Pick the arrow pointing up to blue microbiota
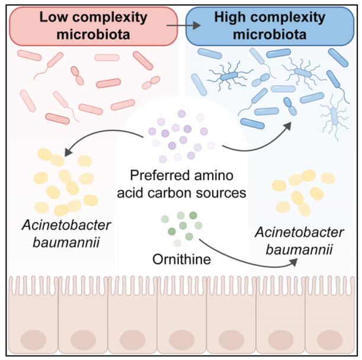click(261, 139)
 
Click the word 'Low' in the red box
click(53, 17)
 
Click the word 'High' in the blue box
click(230, 17)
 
